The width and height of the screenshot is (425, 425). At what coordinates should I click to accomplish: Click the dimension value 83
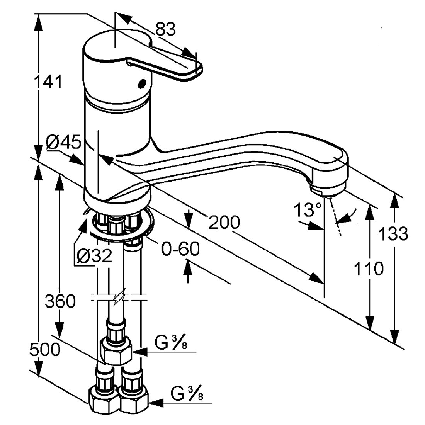point(165,29)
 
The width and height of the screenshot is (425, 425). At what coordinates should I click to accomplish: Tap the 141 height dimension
point(48,82)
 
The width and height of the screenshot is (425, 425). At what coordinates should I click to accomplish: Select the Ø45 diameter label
point(64,143)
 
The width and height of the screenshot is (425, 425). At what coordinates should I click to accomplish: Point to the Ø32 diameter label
point(94,256)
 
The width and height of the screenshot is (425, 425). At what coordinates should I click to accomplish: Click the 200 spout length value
point(224,222)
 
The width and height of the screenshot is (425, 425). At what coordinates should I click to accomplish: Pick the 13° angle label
point(308,211)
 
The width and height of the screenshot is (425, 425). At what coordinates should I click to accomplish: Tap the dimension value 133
point(393,234)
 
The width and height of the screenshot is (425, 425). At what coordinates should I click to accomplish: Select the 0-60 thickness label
point(180,250)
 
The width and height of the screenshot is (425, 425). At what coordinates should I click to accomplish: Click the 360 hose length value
point(60,301)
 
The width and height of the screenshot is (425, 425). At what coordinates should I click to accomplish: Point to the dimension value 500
point(45,350)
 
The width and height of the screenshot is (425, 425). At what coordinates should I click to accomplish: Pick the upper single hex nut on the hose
point(116,350)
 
